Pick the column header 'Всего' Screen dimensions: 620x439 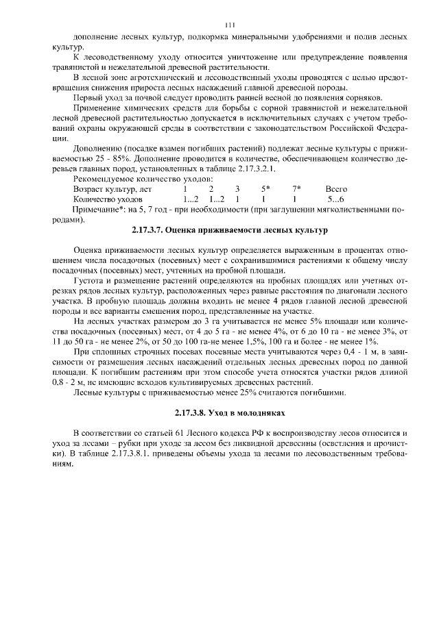pos(336,188)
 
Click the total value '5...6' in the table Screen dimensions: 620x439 pos(336,199)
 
